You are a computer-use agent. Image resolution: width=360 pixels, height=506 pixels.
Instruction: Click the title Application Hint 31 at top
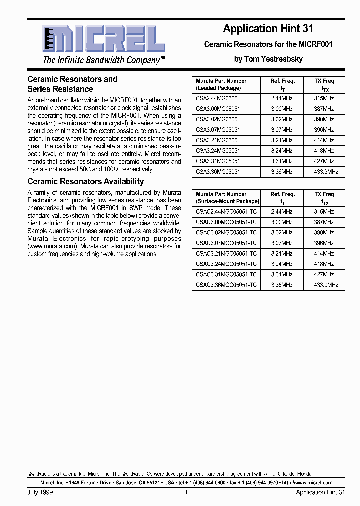tap(268, 29)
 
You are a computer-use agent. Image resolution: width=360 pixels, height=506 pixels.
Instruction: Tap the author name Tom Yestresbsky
tap(268, 59)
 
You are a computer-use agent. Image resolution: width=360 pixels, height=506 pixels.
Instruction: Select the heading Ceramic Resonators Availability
tap(85, 181)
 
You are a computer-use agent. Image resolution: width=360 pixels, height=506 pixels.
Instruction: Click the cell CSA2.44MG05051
tap(218, 98)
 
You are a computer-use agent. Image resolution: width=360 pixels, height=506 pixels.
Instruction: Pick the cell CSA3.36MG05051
tap(218, 172)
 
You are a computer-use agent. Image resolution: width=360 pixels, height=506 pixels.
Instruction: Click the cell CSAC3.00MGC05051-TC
tap(226, 222)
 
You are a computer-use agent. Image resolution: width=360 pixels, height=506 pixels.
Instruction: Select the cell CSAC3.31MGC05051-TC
tap(226, 274)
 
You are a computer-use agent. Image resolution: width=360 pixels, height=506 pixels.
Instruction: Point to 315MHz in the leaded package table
tap(324, 98)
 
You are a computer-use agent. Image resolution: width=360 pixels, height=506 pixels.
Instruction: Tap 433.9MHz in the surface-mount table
tap(325, 285)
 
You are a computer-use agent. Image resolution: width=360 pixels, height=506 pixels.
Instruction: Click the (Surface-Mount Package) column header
tap(227, 201)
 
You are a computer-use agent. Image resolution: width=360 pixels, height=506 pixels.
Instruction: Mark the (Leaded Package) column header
tap(218, 88)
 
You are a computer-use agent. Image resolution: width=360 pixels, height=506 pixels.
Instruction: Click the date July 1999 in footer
tap(40, 492)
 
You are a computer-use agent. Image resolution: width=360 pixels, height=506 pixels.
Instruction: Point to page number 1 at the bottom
tap(186, 492)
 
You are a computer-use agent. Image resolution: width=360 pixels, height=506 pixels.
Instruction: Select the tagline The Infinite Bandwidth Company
tap(104, 60)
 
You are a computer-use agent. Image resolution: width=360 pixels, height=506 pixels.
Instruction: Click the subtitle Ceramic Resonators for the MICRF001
tap(268, 44)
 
